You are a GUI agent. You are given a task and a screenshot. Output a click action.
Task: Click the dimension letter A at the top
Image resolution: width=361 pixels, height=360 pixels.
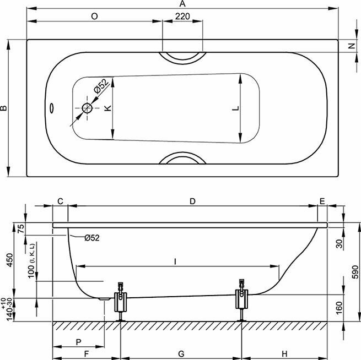pos(182,4)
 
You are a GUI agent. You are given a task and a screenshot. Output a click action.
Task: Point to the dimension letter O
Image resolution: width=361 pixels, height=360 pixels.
pos(94,17)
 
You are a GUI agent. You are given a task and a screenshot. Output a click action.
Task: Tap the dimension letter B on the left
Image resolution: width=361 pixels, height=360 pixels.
pos(4,108)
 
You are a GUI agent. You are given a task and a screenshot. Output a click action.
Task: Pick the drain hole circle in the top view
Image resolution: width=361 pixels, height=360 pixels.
pos(87,108)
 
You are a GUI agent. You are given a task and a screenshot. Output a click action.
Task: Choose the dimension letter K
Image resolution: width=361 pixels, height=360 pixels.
pos(108,108)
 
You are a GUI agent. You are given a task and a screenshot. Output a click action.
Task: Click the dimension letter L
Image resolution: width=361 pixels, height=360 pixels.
pos(235,108)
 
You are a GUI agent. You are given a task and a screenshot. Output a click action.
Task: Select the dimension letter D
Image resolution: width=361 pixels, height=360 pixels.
pos(192,201)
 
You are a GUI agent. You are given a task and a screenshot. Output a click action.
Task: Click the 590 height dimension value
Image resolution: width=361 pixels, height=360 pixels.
pos(355,272)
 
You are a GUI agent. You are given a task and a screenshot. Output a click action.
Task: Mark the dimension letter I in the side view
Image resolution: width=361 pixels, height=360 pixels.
pos(176,262)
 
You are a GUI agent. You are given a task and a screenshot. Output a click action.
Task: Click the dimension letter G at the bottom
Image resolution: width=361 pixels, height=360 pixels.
pos(181,353)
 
